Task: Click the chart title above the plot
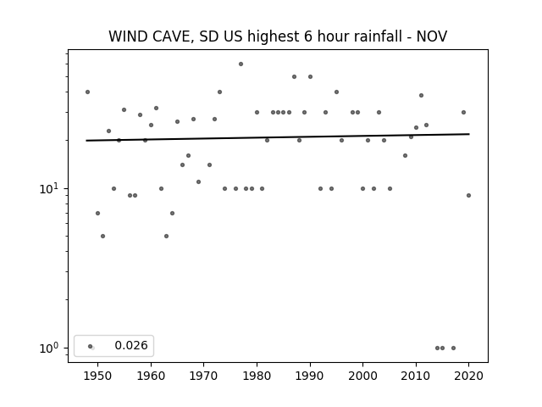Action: click(278, 36)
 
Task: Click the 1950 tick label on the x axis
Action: click(97, 376)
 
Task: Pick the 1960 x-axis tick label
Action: click(151, 376)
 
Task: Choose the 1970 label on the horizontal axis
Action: click(203, 376)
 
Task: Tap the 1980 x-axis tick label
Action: click(257, 376)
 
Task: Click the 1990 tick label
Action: click(310, 376)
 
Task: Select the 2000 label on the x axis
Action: click(362, 376)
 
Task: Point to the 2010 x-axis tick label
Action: click(416, 376)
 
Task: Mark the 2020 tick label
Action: click(468, 376)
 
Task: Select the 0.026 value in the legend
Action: click(131, 345)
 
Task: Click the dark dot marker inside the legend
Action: click(91, 346)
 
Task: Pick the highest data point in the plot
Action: click(241, 64)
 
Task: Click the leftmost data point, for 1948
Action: click(87, 92)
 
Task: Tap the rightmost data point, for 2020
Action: click(468, 196)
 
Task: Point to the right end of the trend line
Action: click(469, 134)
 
